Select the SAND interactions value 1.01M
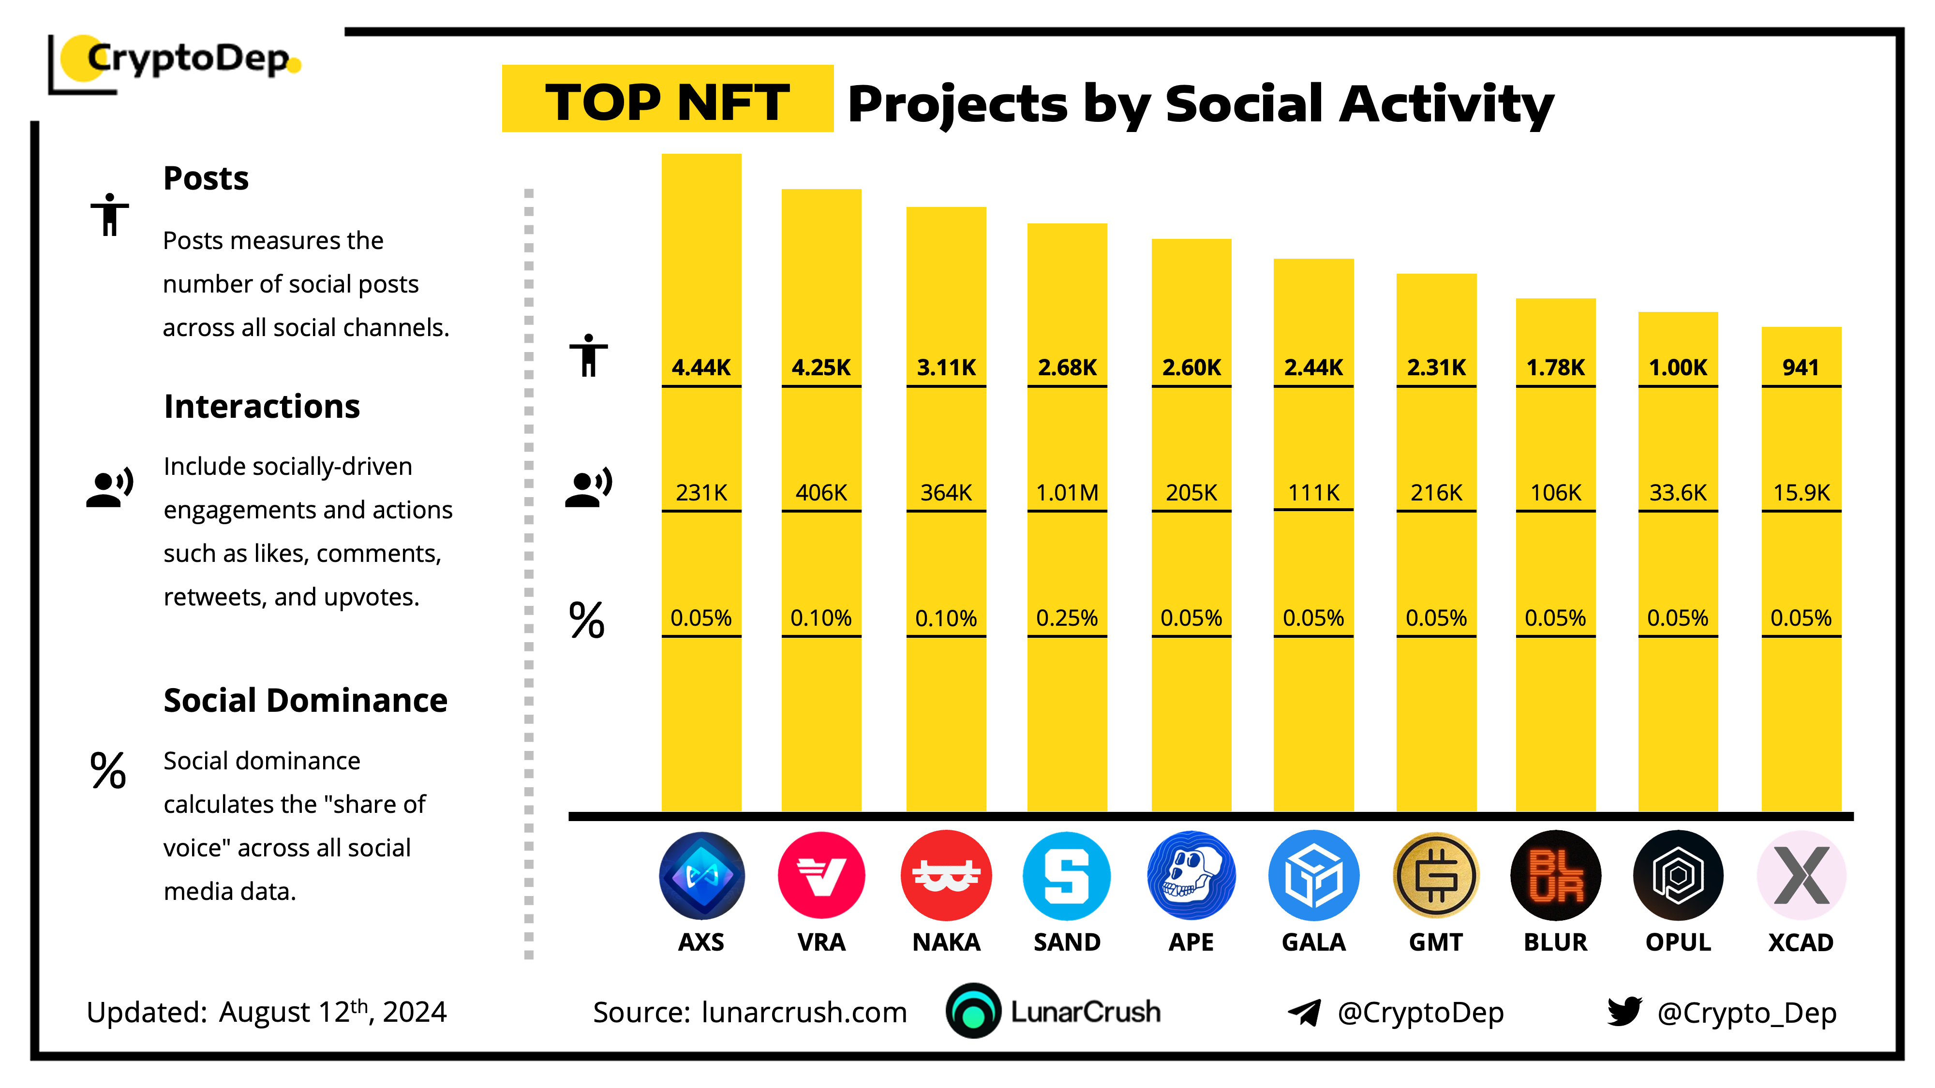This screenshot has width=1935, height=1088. [x=1067, y=493]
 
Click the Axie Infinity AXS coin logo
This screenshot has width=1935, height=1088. [x=701, y=876]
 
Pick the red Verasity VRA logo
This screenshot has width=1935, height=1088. [x=821, y=876]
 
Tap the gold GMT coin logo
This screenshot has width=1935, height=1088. [x=1435, y=876]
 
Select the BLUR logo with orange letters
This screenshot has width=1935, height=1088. [x=1556, y=876]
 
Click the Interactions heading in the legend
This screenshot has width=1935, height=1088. [x=261, y=406]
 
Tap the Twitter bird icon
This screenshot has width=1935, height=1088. [x=1624, y=1012]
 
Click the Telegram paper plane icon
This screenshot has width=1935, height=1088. [x=1304, y=1012]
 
